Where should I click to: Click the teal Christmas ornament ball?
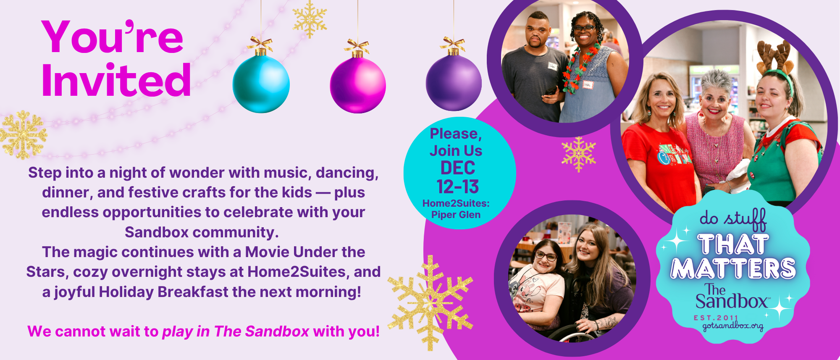pos(261,84)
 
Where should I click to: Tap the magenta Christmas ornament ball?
pos(358,85)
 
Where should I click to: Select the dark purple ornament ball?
pos(454,83)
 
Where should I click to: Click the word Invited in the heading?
pos(116,80)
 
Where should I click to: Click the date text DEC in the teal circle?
pos(457,168)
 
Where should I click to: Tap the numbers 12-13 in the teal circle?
pos(457,187)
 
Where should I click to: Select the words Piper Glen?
pos(456,215)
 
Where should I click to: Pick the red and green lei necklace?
pos(582,67)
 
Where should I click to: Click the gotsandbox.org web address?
pos(733,326)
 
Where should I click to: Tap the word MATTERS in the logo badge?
pos(733,268)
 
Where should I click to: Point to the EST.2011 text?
pos(716,318)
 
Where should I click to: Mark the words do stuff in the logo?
pos(733,219)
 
